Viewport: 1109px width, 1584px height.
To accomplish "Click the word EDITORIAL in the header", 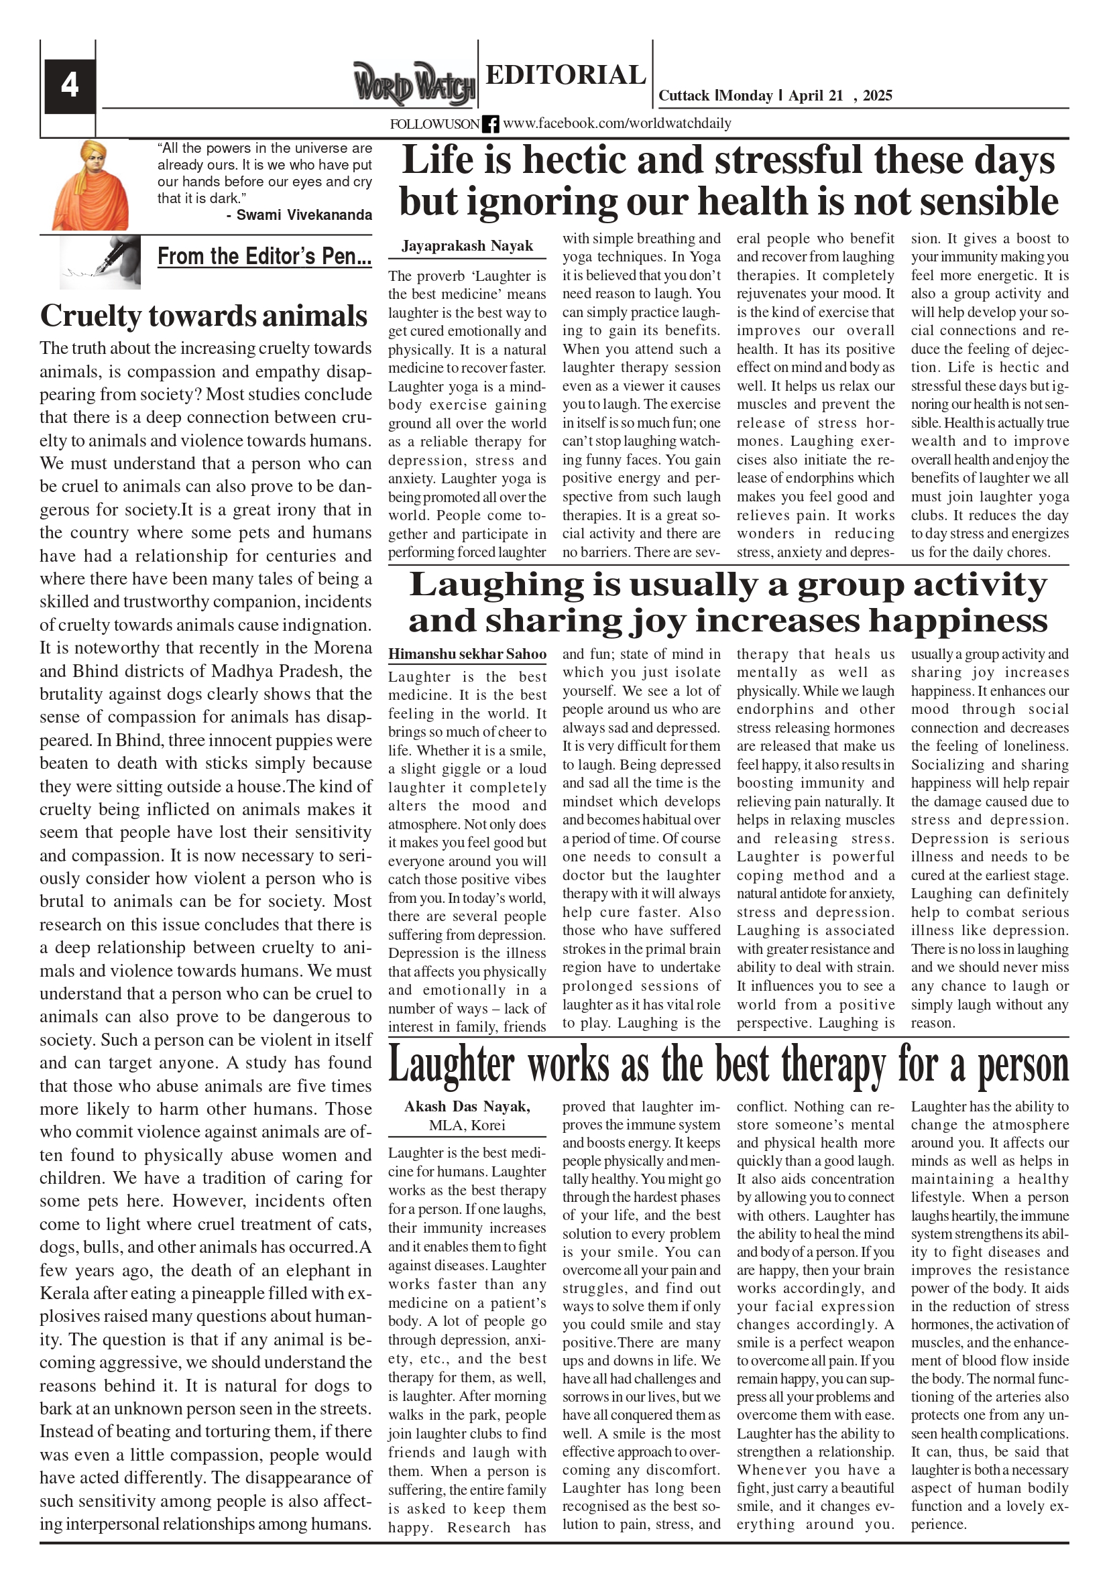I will [x=565, y=74].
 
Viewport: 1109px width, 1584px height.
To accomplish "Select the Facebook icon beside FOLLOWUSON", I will [x=490, y=124].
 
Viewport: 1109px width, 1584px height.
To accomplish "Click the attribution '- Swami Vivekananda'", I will [x=299, y=215].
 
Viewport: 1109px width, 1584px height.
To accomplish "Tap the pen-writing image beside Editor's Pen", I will [x=100, y=262].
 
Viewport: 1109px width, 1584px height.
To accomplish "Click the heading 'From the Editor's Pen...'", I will [x=264, y=257].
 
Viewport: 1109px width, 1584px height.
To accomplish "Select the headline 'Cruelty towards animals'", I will [x=204, y=316].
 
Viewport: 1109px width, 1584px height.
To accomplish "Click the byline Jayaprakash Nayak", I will [x=467, y=246].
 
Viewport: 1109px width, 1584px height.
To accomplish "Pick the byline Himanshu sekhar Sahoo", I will [x=467, y=654].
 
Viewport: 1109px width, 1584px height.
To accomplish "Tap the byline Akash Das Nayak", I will [x=467, y=1106].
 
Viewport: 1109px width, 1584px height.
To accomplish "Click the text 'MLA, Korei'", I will [x=467, y=1125].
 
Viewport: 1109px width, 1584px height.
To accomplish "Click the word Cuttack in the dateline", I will [x=684, y=96].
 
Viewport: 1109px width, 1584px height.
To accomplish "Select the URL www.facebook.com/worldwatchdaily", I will [x=617, y=123].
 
